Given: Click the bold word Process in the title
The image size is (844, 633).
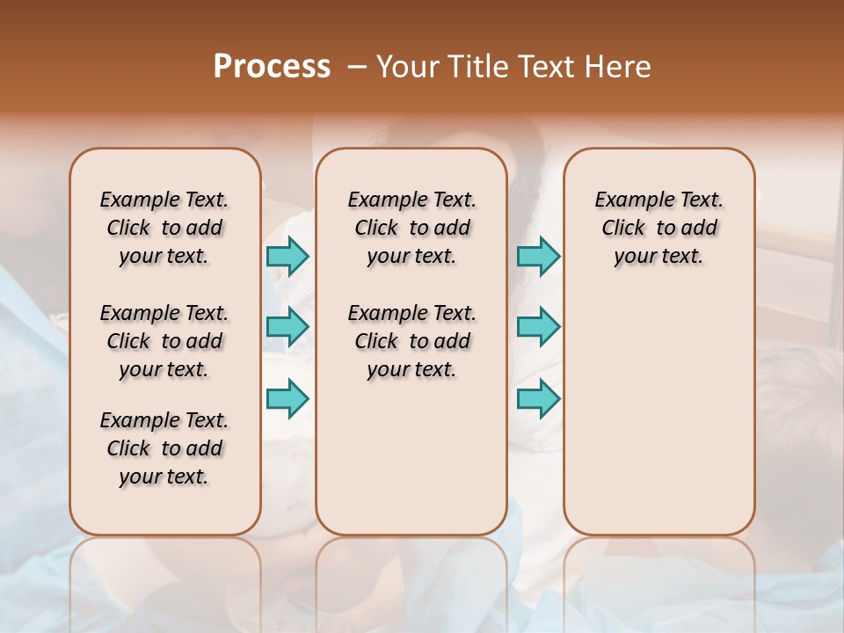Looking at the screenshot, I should [272, 67].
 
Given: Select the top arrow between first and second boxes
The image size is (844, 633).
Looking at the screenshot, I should [287, 256].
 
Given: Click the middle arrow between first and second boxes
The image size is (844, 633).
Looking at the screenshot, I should [287, 327].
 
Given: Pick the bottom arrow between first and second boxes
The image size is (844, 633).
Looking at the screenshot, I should [287, 398].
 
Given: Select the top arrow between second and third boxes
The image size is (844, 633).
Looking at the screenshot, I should [538, 256].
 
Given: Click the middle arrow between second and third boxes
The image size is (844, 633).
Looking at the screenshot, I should [538, 327].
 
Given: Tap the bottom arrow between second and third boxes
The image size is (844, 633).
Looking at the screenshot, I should [538, 398].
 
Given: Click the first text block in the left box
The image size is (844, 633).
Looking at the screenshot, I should [164, 228].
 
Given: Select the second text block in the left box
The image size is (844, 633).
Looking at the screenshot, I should [164, 341].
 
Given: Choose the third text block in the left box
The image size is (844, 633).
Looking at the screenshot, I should [164, 448].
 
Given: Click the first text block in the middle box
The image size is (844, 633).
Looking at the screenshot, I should [411, 228].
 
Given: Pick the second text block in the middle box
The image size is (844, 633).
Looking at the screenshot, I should [411, 341].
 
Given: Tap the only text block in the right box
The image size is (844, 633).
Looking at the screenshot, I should [658, 228].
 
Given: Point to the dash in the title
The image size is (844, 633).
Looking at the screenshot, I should [357, 68].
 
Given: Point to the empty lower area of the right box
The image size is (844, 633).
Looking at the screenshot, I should [658, 422].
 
